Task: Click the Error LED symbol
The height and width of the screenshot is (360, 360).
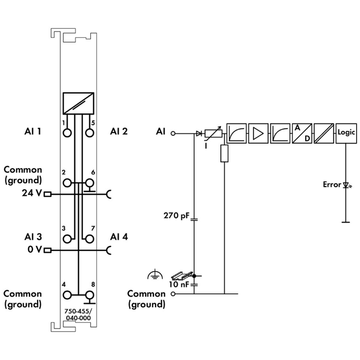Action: [x=346, y=184]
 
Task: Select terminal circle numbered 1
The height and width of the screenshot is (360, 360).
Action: [x=67, y=132]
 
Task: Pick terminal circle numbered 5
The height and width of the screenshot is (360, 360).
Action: [x=89, y=132]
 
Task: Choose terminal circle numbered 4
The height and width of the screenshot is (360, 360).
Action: [x=67, y=295]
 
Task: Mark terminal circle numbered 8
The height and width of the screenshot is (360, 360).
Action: [x=89, y=295]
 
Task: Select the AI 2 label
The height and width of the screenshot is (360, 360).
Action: [x=119, y=131]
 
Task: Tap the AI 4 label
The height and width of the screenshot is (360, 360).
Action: [x=119, y=237]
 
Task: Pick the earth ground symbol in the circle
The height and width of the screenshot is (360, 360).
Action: [x=153, y=275]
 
